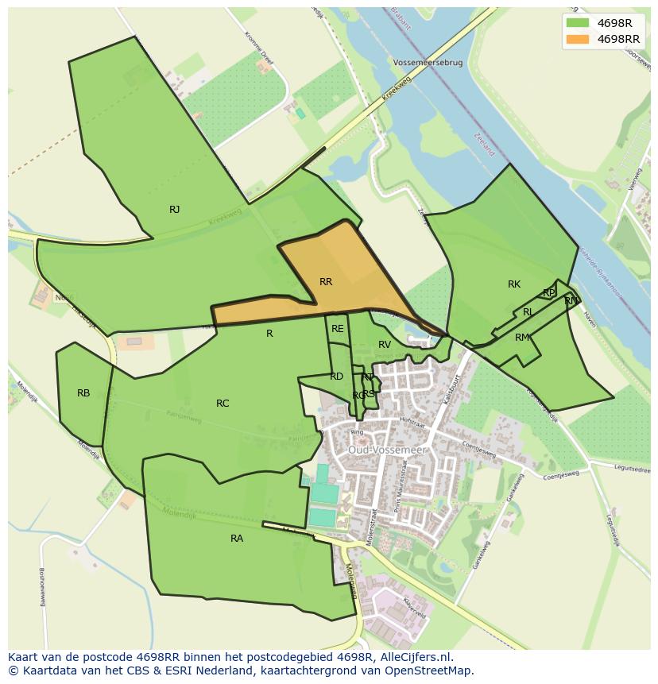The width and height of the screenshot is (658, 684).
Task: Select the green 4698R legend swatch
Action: (x=577, y=22)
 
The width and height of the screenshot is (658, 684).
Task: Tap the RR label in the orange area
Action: (x=326, y=282)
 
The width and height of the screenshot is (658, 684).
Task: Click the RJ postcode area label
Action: (x=174, y=210)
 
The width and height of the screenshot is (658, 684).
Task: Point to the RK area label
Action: (x=514, y=284)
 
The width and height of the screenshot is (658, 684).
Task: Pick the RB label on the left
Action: (x=83, y=393)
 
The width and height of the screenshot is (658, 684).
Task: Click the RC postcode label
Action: (x=223, y=404)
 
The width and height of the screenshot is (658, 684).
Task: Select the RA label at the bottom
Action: (x=237, y=539)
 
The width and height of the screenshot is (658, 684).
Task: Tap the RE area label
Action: (x=338, y=329)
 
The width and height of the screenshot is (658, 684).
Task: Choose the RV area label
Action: (x=385, y=345)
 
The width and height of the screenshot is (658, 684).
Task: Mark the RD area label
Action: (x=336, y=377)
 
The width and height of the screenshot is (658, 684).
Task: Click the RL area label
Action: (x=528, y=313)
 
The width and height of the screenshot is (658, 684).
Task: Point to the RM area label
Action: (x=521, y=338)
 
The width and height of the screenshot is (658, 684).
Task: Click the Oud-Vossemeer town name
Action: (x=387, y=450)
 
